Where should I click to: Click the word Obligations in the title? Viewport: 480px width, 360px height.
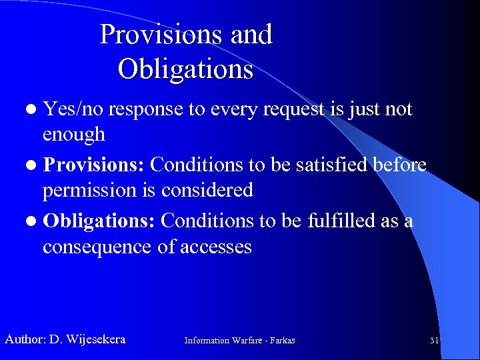tap(185, 69)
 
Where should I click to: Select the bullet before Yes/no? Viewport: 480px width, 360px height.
tap(33, 109)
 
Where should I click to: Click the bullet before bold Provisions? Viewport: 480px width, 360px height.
tap(33, 165)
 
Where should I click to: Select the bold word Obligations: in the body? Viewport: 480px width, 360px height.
tap(99, 221)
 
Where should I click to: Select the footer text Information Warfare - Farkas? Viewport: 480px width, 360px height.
tap(239, 341)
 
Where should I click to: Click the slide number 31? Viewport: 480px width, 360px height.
tap(434, 341)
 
